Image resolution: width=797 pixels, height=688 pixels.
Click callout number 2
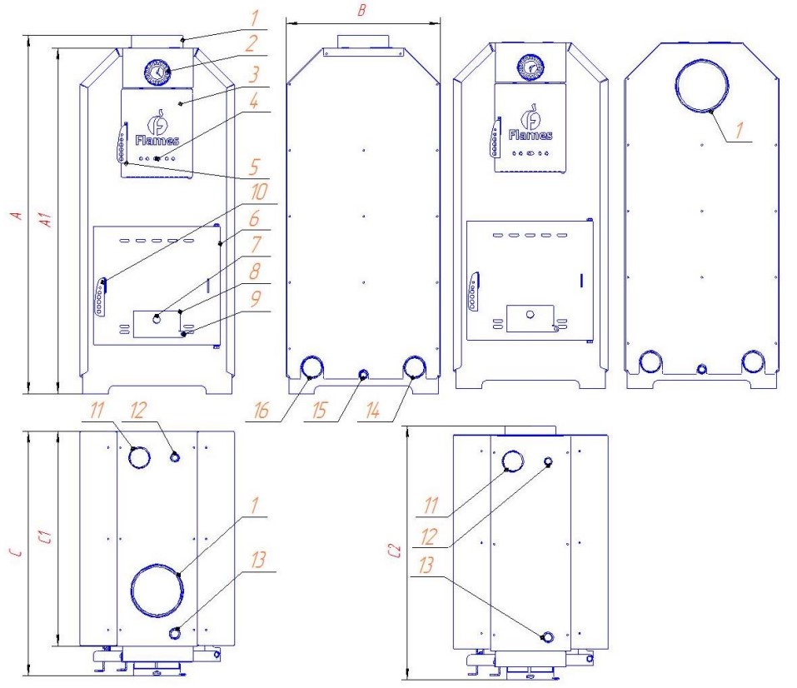pos(251,43)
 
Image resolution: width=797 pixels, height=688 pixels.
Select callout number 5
pos(254,167)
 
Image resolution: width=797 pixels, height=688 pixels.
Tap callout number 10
pos(258,192)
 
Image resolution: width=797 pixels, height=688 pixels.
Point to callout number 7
pos(256,245)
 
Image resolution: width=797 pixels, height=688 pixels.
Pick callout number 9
pos(255,299)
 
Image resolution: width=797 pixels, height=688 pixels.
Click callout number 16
pos(261,411)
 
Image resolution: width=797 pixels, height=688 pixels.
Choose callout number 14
pos(372,411)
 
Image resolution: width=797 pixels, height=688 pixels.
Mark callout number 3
pos(254,74)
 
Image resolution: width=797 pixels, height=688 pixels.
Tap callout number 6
pos(254,219)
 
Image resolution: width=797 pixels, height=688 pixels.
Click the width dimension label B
pos(362,10)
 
